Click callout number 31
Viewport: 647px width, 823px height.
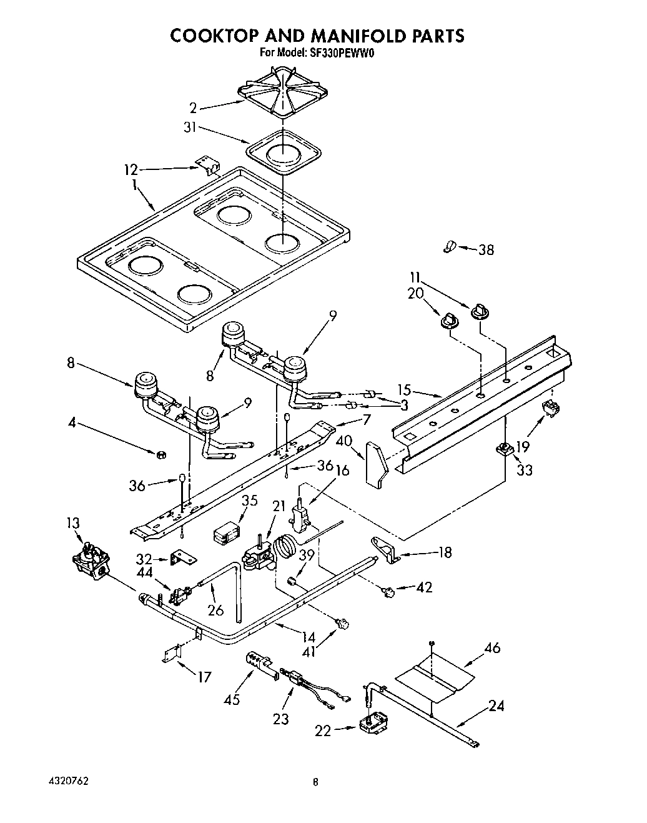[189, 127]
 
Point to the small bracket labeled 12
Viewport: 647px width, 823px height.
[208, 164]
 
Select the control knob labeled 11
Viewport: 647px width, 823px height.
[480, 309]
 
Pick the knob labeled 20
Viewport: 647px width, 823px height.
[448, 320]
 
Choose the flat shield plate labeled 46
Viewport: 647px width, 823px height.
[436, 678]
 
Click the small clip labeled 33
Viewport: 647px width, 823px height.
[505, 449]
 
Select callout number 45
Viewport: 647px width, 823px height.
[232, 699]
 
